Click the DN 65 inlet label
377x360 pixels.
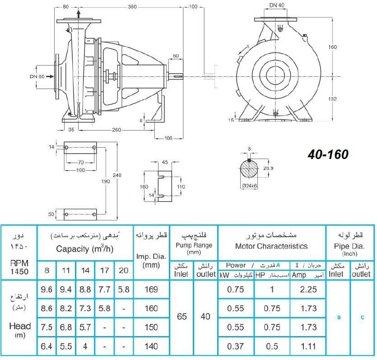coord(37,76)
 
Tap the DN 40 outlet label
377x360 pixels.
coord(276,5)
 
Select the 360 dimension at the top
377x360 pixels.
coord(132,7)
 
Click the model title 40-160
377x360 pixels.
coord(328,154)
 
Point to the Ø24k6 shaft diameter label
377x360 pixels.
coord(250,186)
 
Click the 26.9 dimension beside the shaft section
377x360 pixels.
coord(268,168)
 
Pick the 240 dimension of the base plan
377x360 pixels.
coord(117,175)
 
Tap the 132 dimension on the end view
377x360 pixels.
coord(332,98)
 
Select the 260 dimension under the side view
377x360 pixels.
coord(116,130)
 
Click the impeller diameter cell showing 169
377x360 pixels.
coord(151,289)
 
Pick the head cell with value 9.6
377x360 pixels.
coord(47,289)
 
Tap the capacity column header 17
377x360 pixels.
coord(104,270)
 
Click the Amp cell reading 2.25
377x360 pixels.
coord(308,289)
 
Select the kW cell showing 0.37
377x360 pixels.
coord(235,346)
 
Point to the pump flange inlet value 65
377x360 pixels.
coord(182,317)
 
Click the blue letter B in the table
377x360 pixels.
coord(339,318)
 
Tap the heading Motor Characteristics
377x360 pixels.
coord(271,246)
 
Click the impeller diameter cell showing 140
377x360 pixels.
coord(151,346)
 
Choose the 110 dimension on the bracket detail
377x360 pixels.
coord(181,187)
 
